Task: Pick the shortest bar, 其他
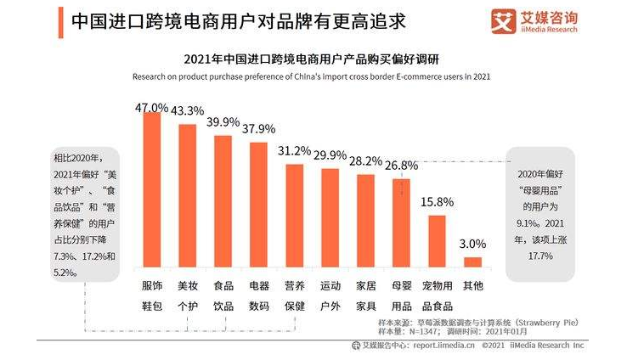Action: click(472, 262)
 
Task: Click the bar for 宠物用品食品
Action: click(437, 241)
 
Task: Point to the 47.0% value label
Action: click(152, 108)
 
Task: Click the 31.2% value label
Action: click(294, 151)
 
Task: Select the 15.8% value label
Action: click(437, 202)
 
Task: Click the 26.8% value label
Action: click(400, 166)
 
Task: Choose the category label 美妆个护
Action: click(187, 295)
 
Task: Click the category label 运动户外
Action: click(330, 295)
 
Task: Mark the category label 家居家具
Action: click(365, 295)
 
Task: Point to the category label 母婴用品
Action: click(400, 295)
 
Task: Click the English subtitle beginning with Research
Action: click(311, 76)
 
